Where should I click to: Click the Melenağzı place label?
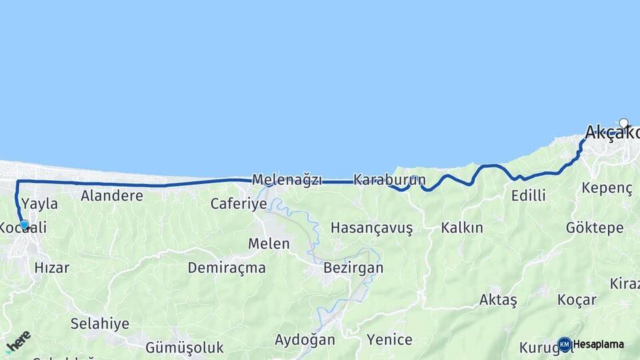[287, 180]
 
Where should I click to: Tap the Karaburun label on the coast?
[389, 180]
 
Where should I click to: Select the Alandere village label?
[112, 196]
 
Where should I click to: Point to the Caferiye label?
[239, 204]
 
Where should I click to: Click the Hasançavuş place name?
[371, 228]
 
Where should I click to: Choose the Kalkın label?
[462, 228]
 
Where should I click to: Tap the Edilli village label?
[528, 196]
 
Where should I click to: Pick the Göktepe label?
[595, 228]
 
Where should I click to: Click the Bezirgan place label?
[353, 268]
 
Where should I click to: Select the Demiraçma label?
[227, 268]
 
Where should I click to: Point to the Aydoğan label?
[305, 340]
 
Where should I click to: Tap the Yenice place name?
[389, 340]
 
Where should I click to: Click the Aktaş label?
[498, 300]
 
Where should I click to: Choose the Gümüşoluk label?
[185, 347]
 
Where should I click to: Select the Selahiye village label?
[100, 324]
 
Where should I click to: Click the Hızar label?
[52, 268]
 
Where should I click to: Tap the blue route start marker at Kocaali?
[25, 225]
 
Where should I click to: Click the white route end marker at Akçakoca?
[623, 123]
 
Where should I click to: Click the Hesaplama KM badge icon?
[565, 345]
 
